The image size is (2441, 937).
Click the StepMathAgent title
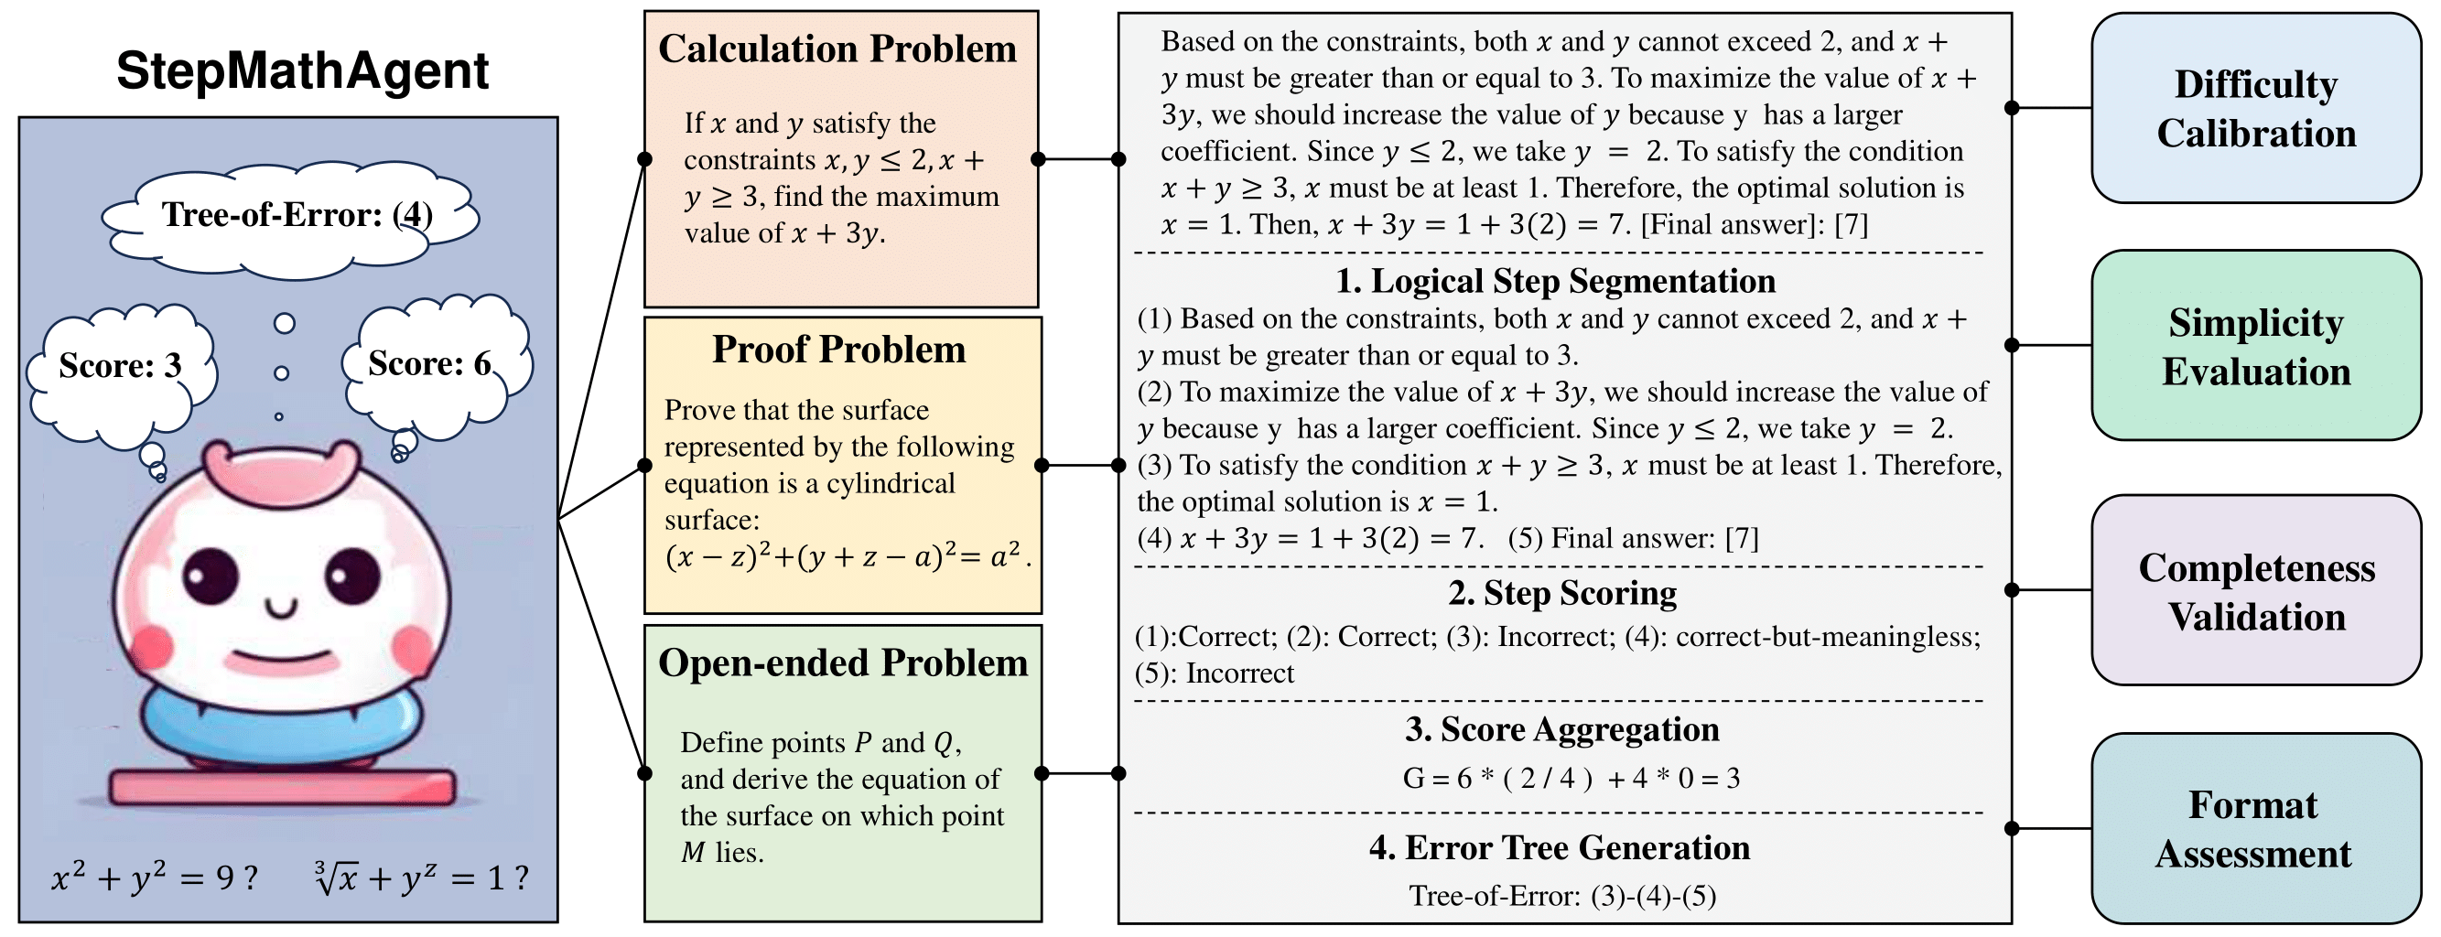pyautogui.click(x=302, y=70)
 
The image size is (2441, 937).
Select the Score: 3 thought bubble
pyautogui.click(x=120, y=366)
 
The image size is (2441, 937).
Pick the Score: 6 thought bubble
pyautogui.click(x=430, y=364)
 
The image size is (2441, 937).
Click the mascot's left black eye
pyautogui.click(x=211, y=575)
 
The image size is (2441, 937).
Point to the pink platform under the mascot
pyautogui.click(x=283, y=787)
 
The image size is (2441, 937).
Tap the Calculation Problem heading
pyautogui.click(x=837, y=49)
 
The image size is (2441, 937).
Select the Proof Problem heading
pyautogui.click(x=838, y=350)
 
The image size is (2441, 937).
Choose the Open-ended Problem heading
pyautogui.click(x=842, y=663)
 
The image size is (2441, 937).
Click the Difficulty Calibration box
pyautogui.click(x=2255, y=109)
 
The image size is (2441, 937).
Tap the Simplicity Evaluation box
pyautogui.click(x=2255, y=347)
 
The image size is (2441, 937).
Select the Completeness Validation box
pyautogui.click(x=2255, y=592)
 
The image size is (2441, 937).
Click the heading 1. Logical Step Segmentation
pyautogui.click(x=1555, y=282)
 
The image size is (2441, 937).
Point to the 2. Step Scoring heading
pyautogui.click(x=1561, y=593)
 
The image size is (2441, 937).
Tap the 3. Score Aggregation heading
pyautogui.click(x=1561, y=729)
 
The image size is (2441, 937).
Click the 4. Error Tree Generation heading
pyautogui.click(x=1559, y=848)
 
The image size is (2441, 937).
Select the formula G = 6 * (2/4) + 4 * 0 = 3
pyautogui.click(x=1571, y=779)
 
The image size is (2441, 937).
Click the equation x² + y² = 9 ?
pyautogui.click(x=155, y=878)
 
